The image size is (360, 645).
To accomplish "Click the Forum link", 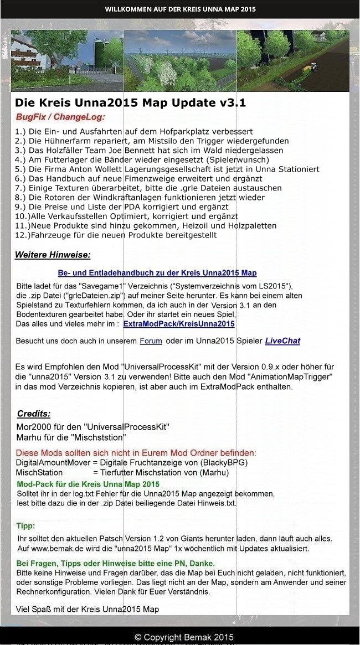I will point(151,341).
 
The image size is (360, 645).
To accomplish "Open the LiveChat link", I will point(282,341).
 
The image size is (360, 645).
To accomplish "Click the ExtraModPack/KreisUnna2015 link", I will point(178,324).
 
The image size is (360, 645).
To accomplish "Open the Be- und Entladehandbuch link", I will point(157,273).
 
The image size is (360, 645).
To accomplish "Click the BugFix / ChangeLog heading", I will point(60,117).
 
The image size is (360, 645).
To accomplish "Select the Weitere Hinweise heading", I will point(53,255).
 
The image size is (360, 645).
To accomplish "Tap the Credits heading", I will point(34,414).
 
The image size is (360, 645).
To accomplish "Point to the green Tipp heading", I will point(25,525).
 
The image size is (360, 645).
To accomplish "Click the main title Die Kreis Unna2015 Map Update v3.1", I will point(130,103).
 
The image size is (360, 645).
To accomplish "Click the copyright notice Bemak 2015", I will point(184,637).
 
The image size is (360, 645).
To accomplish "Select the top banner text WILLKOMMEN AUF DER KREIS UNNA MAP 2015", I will point(180,9).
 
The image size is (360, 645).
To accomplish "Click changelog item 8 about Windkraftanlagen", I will point(140,198).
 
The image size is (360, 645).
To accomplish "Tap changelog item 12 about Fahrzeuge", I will point(116,235).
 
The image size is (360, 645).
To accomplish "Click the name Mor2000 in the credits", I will point(34,427).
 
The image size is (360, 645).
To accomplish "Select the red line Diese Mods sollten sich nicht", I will point(136,452).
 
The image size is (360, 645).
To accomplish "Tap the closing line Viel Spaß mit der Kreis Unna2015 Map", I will point(88,609).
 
